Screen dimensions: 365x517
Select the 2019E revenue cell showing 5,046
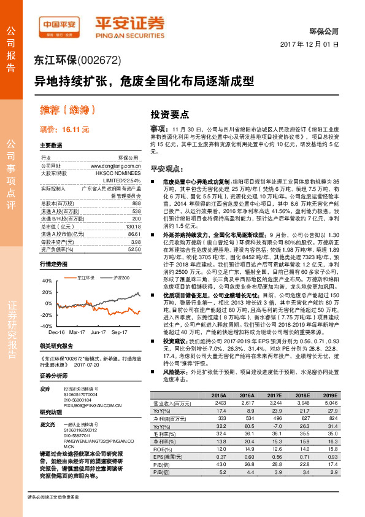tap(330, 403)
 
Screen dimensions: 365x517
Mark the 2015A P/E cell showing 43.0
tap(219, 464)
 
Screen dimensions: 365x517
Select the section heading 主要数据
tap(51, 146)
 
